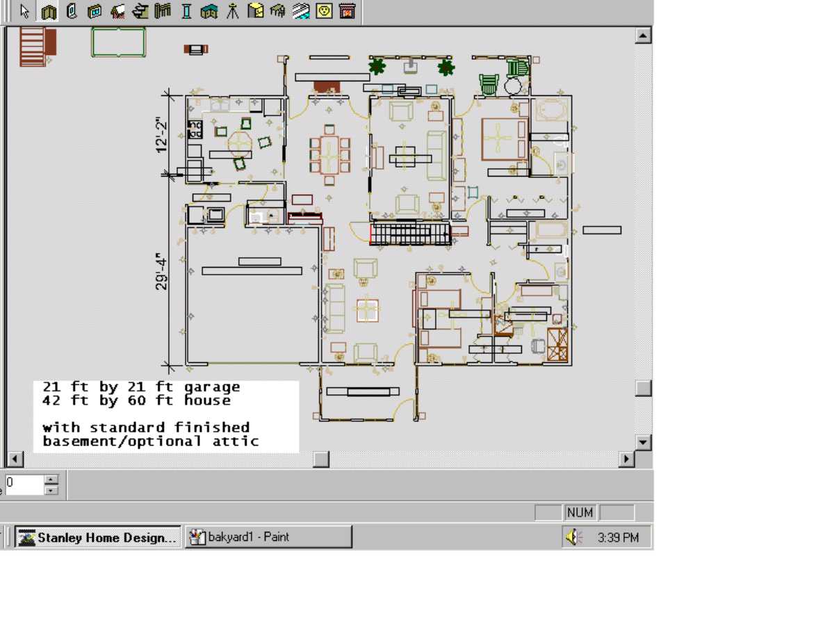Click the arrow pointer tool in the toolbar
click(24, 11)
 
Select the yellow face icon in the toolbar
click(324, 11)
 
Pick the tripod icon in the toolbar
click(233, 11)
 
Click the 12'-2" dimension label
click(161, 135)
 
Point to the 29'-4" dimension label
click(161, 271)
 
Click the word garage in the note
click(212, 387)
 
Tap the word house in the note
click(207, 400)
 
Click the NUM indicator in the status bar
click(580, 512)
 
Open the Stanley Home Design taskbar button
click(98, 537)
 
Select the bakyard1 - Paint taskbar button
click(268, 537)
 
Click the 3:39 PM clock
click(618, 537)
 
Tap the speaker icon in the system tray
click(573, 537)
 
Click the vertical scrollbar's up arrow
click(643, 35)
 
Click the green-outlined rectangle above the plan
click(118, 42)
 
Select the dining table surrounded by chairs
click(329, 155)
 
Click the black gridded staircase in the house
click(410, 234)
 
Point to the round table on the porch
click(513, 86)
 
